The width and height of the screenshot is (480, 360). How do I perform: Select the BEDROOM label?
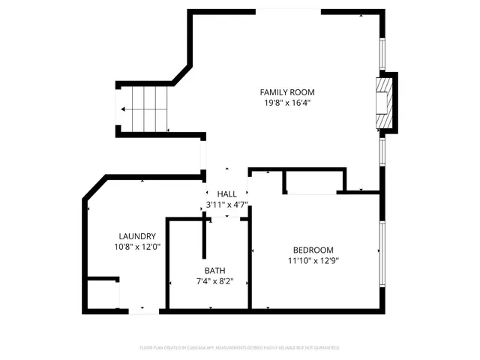pos(313,250)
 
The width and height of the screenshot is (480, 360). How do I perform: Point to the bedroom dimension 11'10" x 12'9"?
pos(313,261)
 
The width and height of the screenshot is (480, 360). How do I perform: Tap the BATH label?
pos(214,271)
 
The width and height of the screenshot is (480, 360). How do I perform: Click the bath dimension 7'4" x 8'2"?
pos(214,282)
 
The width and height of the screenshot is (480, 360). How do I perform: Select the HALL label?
pos(226,193)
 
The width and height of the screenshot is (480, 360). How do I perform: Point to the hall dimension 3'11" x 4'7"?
pos(226,204)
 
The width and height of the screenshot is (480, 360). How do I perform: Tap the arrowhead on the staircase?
pos(123,109)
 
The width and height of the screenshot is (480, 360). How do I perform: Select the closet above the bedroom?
pos(313,181)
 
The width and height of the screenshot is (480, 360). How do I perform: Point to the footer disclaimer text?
pos(240,348)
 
